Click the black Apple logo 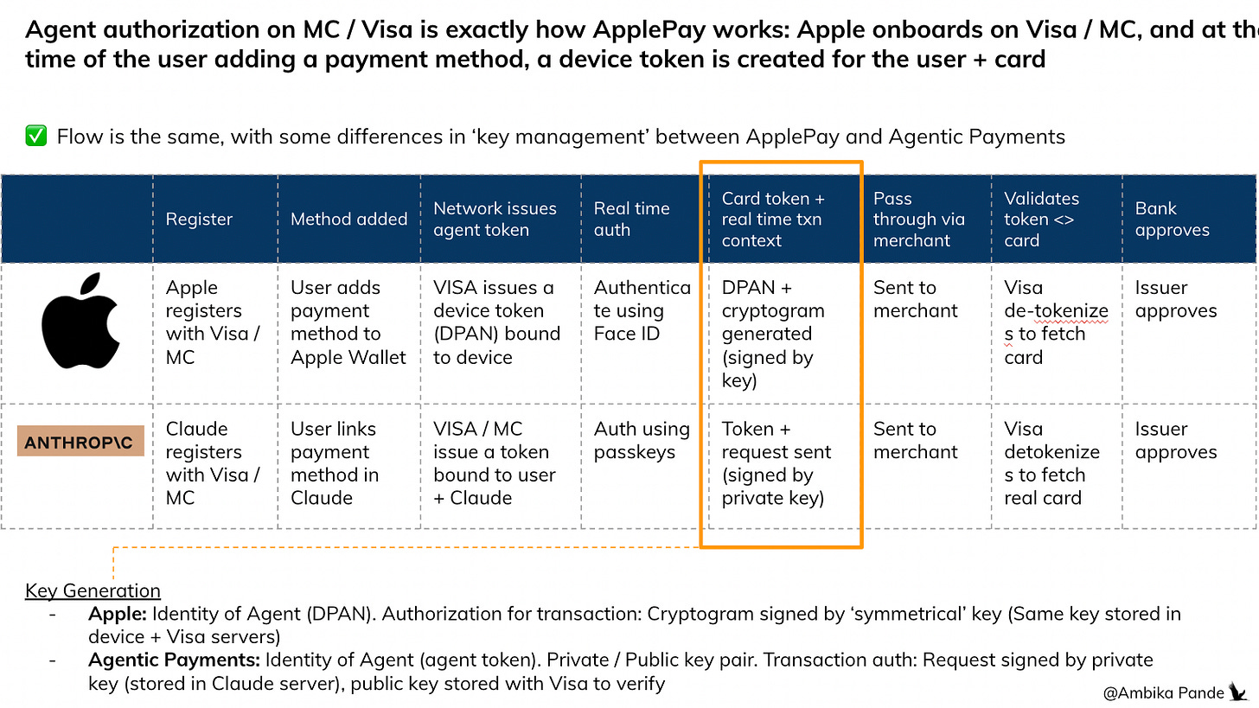pyautogui.click(x=80, y=322)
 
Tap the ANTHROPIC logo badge pyautogui.click(x=80, y=442)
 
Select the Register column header pyautogui.click(x=199, y=220)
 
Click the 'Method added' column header pyautogui.click(x=348, y=220)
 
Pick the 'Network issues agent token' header pyautogui.click(x=494, y=220)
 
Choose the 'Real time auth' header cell pyautogui.click(x=631, y=220)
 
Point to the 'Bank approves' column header pyautogui.click(x=1172, y=220)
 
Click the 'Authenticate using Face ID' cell pyautogui.click(x=642, y=311)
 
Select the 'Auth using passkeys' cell pyautogui.click(x=642, y=441)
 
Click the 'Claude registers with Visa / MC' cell pyautogui.click(x=213, y=463)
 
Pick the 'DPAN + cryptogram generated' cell pyautogui.click(x=772, y=334)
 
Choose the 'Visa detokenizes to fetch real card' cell pyautogui.click(x=1051, y=463)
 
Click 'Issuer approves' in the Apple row pyautogui.click(x=1175, y=299)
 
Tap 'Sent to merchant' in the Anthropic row pyautogui.click(x=915, y=441)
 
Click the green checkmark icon pyautogui.click(x=35, y=137)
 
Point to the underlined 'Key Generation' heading pyautogui.click(x=93, y=591)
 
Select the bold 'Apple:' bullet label pyautogui.click(x=118, y=615)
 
